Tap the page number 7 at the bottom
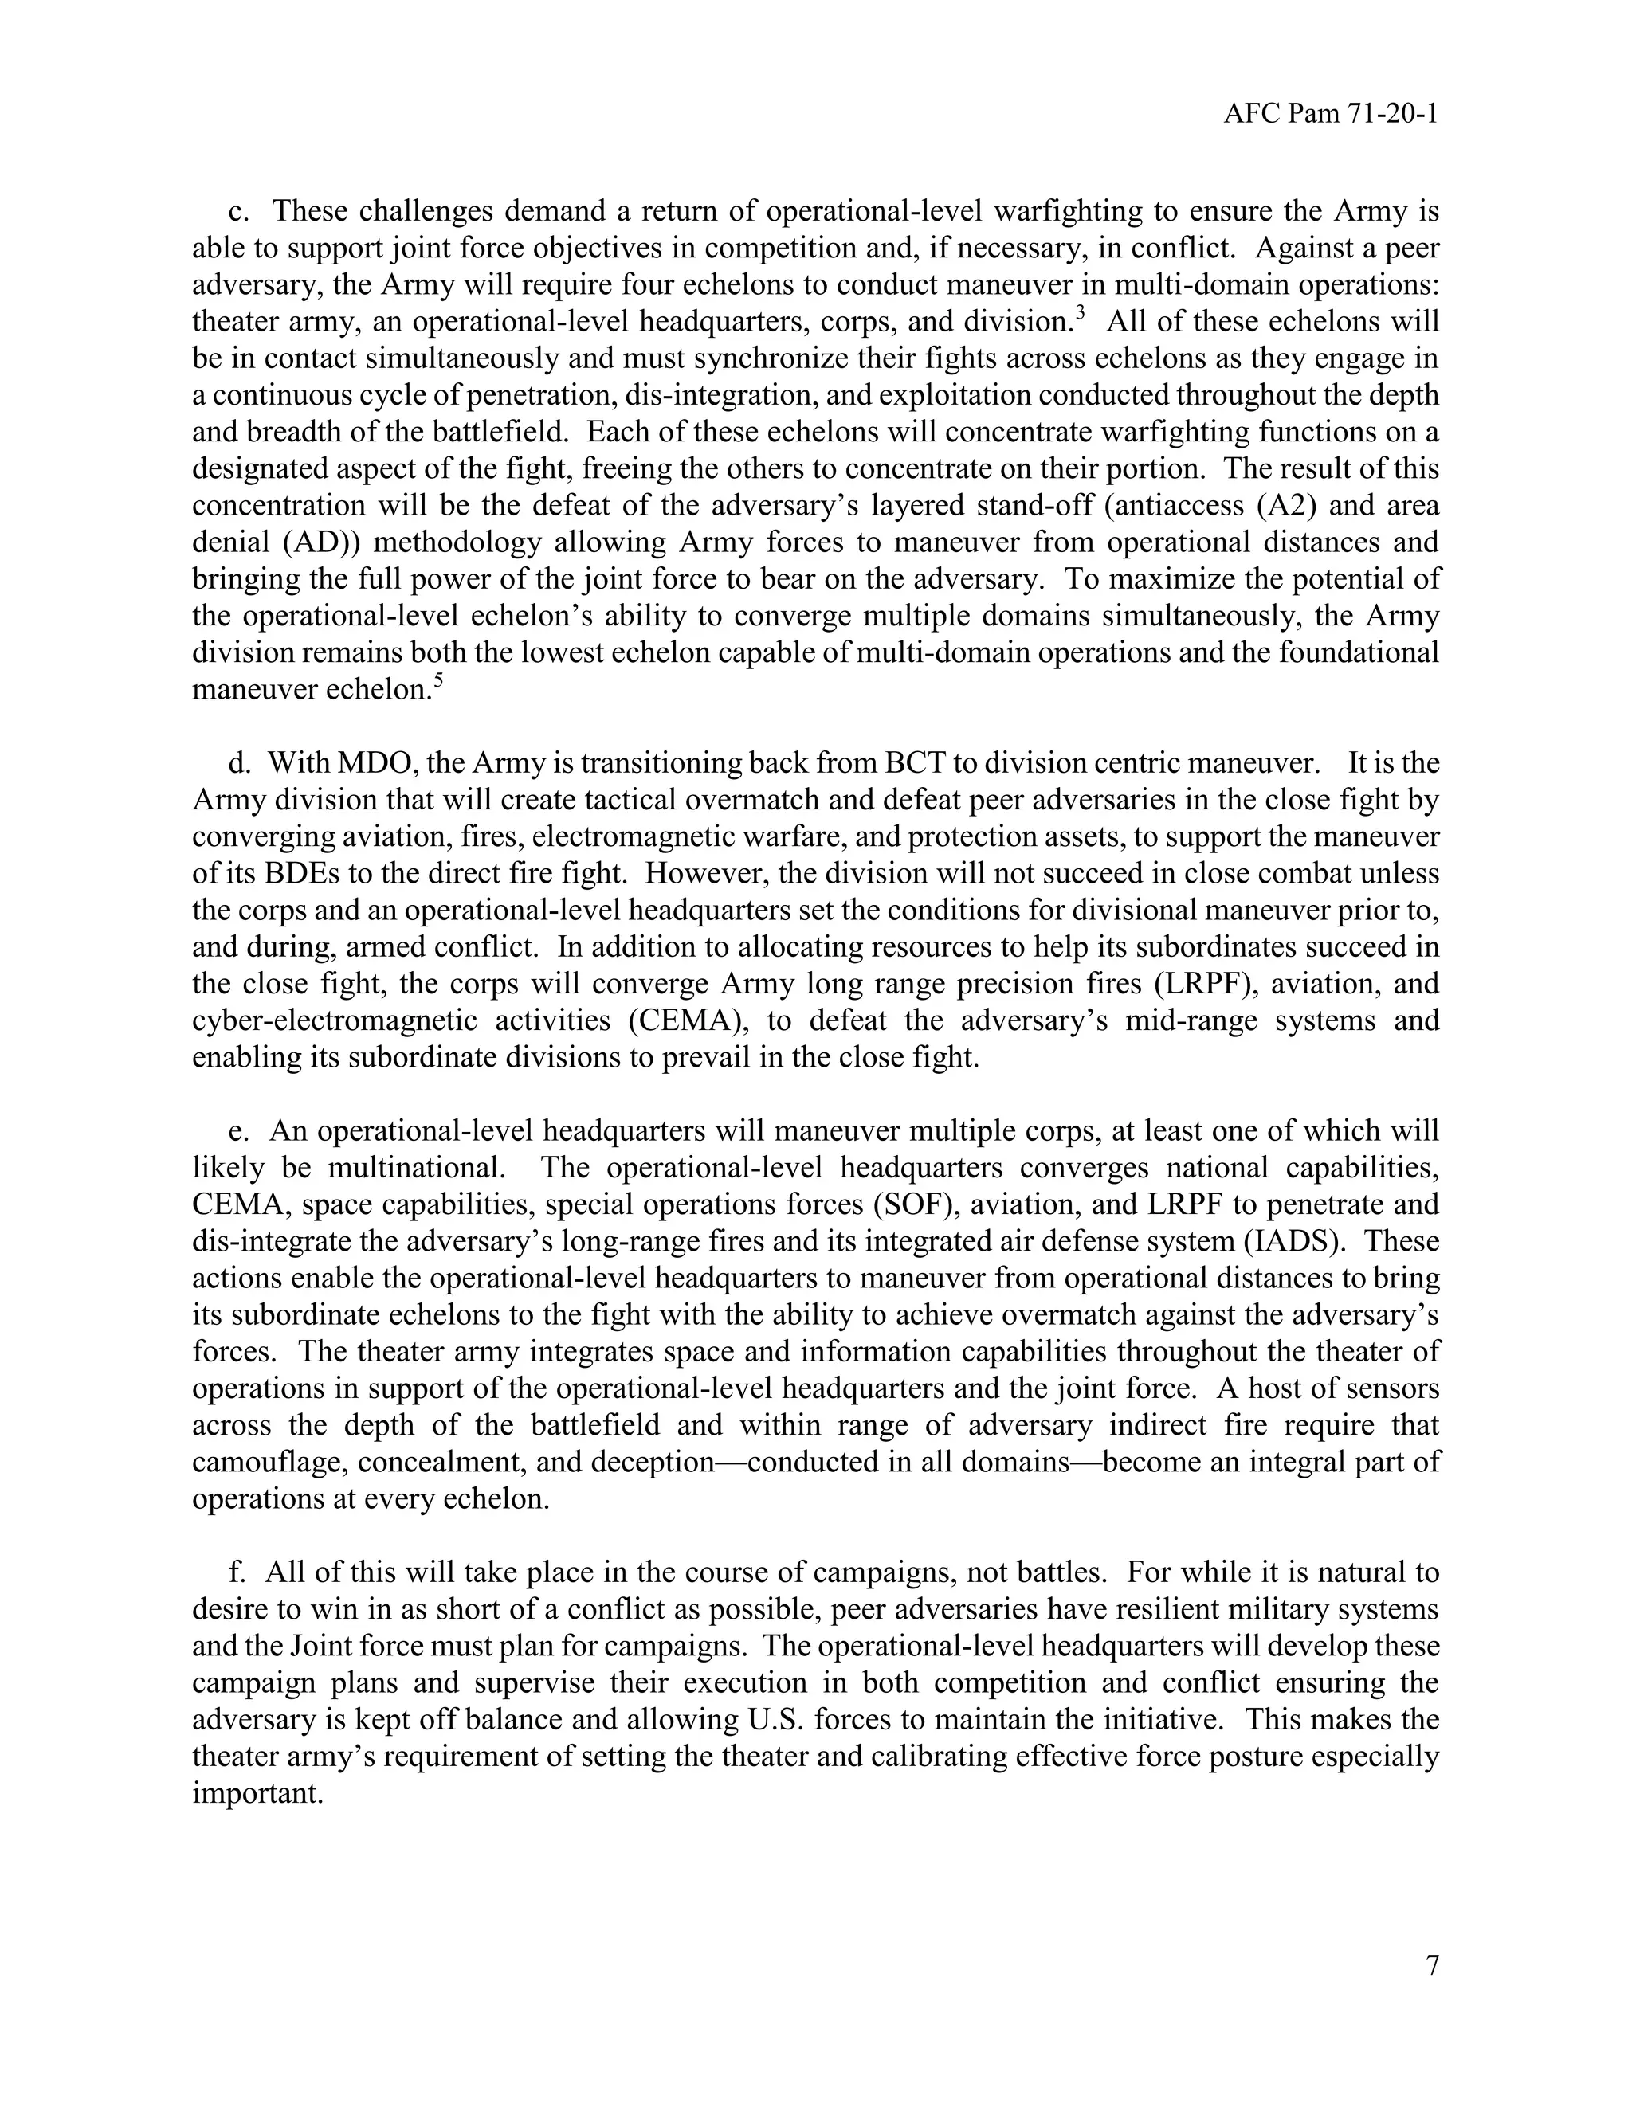1432,1965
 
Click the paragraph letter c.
235,212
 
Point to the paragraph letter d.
237,764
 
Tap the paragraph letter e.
236,1131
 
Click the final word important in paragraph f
257,1794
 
